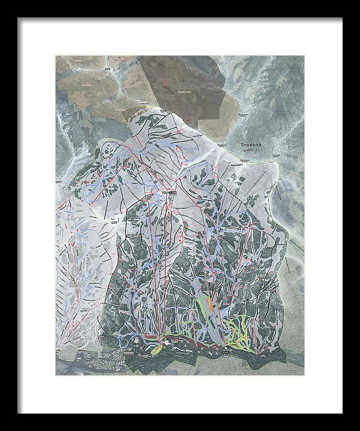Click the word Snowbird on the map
tap(252, 145)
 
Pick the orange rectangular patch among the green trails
tap(208, 307)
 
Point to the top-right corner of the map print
tap(304, 56)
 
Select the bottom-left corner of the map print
tap(56, 376)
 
